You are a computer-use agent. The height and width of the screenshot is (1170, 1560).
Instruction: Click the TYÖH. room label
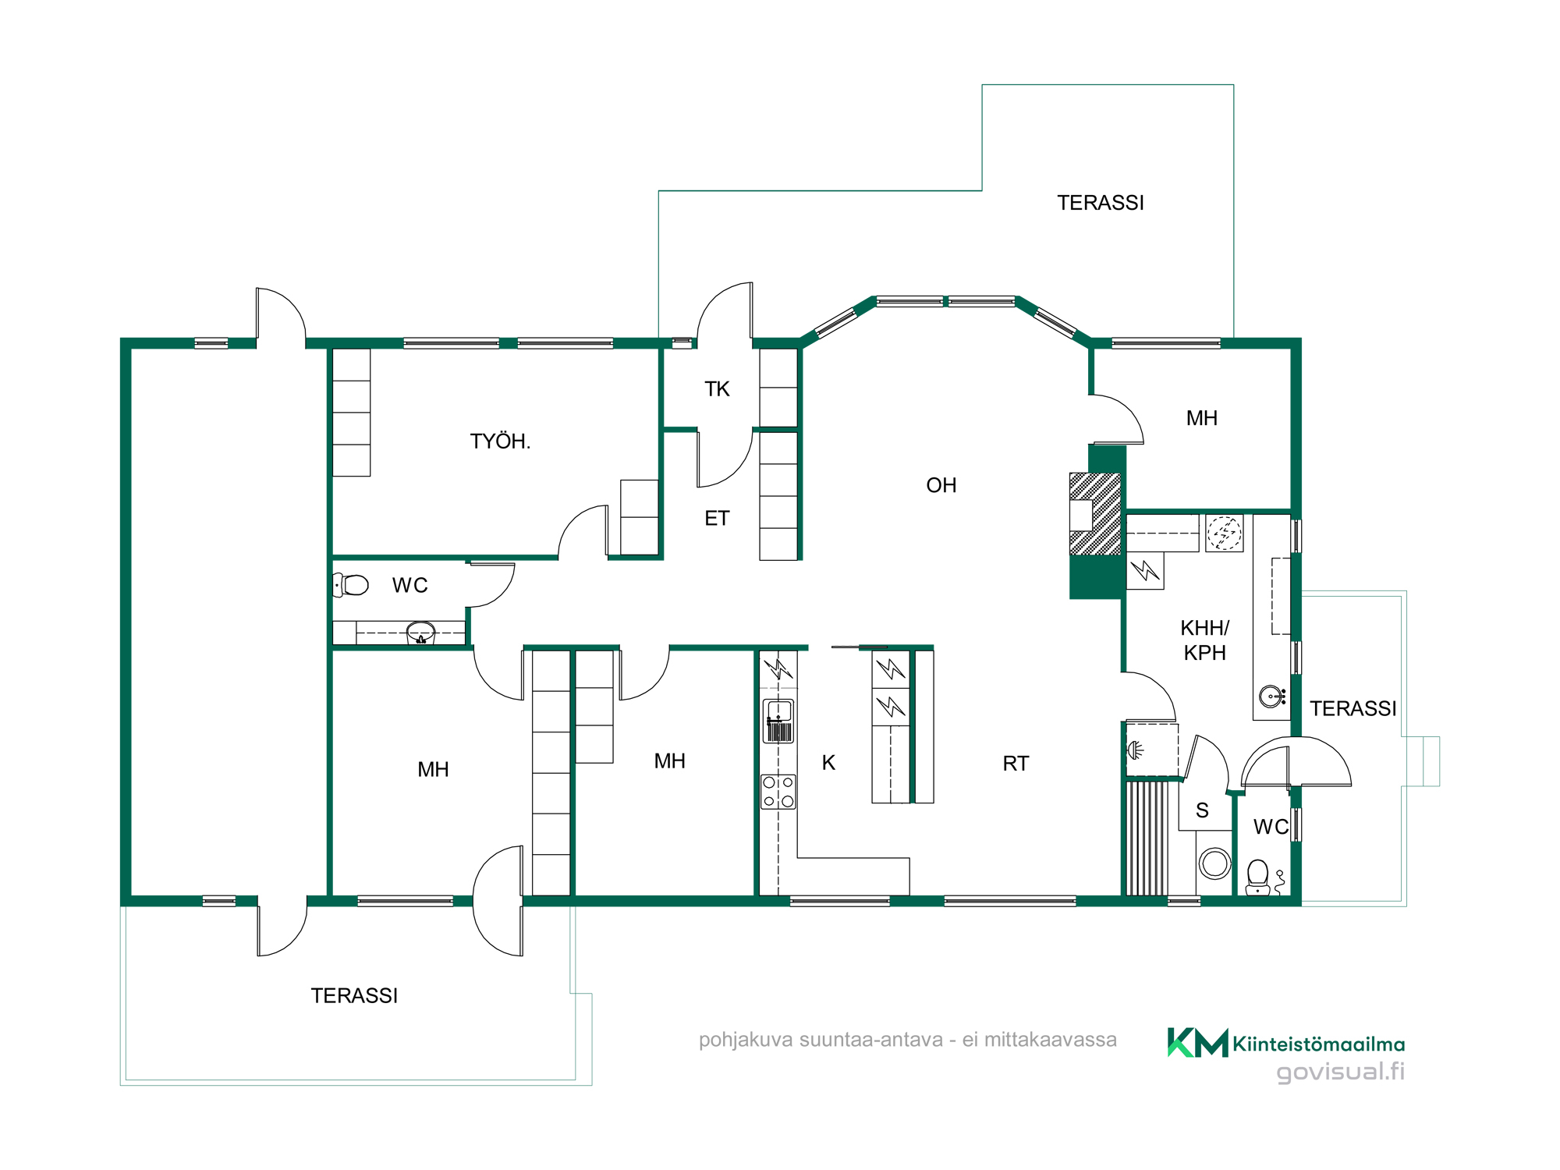500,441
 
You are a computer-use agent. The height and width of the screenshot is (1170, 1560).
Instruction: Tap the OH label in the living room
941,485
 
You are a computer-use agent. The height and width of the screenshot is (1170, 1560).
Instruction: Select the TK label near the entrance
717,389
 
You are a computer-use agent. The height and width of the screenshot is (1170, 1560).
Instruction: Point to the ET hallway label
717,518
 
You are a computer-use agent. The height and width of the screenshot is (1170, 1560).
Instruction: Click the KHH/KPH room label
1205,640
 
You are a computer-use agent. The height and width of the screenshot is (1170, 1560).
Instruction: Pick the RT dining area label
1016,764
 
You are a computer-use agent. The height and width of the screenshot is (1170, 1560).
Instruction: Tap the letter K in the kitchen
828,763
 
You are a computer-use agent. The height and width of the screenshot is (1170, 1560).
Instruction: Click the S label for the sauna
1202,811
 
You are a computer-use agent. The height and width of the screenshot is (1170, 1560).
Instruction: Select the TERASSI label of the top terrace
1101,203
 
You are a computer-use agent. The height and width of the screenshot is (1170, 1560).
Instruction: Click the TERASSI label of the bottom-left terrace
354,996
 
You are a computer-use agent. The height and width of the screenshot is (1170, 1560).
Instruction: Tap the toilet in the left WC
351,584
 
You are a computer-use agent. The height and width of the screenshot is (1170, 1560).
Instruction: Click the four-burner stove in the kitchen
778,792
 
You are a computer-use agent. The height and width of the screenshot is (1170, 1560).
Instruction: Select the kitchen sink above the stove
778,721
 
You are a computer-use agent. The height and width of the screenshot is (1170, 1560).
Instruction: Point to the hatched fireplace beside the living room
1095,514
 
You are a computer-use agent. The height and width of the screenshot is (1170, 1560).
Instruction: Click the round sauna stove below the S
1214,863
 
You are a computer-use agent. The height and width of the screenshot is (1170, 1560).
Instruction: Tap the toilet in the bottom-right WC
1257,877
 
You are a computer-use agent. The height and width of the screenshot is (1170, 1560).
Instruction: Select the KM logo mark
1197,1043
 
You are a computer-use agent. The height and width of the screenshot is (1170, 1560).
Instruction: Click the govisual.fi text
1340,1072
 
